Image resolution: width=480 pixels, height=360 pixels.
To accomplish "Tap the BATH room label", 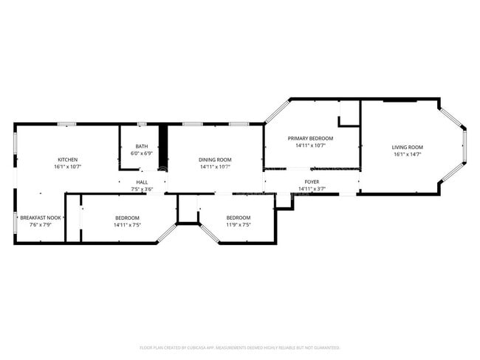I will point(141,146).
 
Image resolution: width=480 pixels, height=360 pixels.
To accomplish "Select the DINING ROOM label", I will point(215,160).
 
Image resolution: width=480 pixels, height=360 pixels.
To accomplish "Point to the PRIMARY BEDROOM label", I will point(310,139).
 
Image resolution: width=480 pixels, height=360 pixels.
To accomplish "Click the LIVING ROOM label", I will point(407,148).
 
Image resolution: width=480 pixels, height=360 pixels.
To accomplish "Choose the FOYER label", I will point(312,181).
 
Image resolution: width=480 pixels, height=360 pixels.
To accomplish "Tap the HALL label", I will point(141,181).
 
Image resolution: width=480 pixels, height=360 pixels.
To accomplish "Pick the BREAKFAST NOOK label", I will point(41,218).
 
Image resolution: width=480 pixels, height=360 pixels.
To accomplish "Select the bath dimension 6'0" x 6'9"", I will point(141,153).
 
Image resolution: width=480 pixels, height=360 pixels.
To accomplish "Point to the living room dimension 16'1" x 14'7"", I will point(407,155).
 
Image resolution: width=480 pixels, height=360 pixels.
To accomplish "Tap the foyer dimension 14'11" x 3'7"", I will point(312,189).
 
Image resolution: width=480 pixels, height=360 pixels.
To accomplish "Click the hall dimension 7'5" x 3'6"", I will point(141,189).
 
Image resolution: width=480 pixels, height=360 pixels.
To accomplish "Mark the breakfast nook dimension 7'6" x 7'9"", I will point(41,225).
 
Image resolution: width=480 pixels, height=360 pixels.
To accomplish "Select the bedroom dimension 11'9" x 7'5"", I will point(238,225).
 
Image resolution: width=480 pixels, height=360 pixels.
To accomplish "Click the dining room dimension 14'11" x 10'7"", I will point(215,167).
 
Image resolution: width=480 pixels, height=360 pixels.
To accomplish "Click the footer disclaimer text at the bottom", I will point(239,347).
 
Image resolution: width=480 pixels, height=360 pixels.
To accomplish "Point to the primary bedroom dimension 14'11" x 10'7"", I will point(310,146).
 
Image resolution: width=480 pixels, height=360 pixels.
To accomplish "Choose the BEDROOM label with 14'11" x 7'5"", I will point(127,218).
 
